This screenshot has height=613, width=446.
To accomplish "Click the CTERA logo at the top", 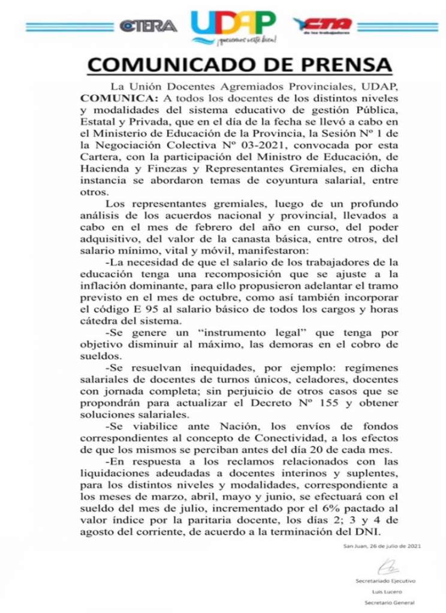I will pyautogui.click(x=147, y=25).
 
